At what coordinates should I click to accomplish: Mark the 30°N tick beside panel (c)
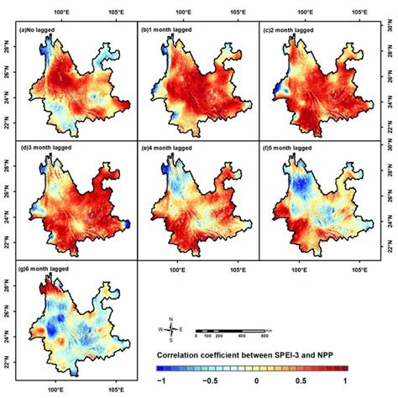(x=389, y=29)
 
